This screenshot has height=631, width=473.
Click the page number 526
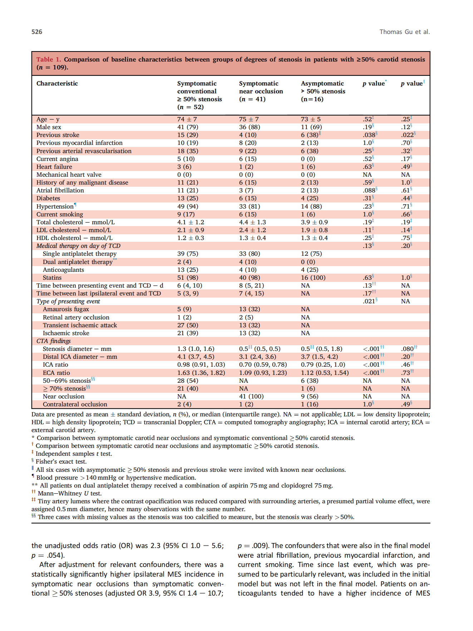point(37,32)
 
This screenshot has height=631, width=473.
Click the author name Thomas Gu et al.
point(404,32)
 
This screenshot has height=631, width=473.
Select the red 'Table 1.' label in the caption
point(49,59)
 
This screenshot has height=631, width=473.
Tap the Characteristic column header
point(57,83)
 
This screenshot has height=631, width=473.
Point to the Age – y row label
point(48,119)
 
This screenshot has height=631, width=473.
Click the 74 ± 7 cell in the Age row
point(187,119)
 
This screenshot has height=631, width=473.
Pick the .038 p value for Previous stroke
point(369,135)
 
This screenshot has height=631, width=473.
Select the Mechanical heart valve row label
point(69,175)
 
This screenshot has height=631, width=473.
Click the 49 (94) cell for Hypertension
point(188,206)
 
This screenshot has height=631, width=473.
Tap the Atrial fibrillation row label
point(60,190)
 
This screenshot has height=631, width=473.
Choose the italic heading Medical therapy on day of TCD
point(78,246)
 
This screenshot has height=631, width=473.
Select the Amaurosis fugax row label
point(66,309)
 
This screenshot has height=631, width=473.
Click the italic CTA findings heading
point(53,341)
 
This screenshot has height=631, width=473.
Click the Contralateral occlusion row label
point(75,404)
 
